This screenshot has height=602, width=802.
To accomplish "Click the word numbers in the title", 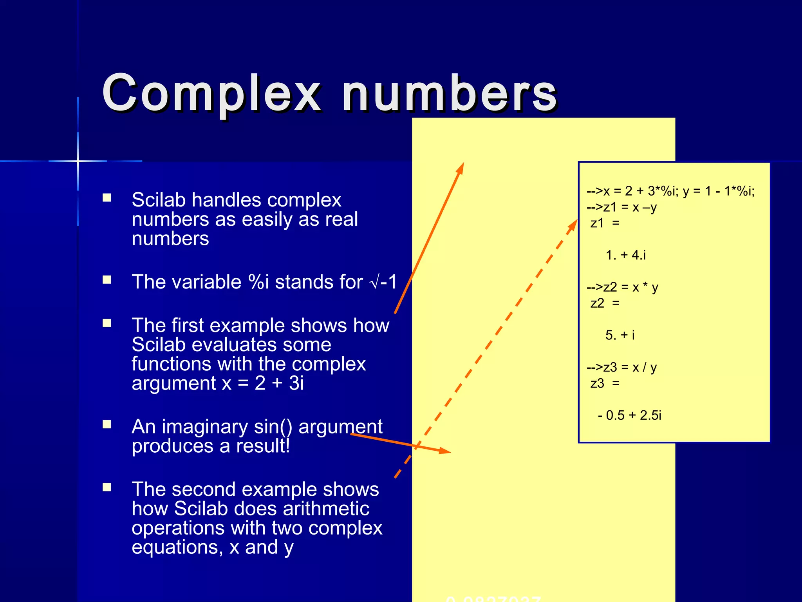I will (x=450, y=94).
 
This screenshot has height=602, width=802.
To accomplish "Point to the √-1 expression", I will (x=383, y=282).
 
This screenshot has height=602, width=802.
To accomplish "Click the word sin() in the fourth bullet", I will (x=273, y=426).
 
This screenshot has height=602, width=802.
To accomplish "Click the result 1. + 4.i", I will (x=625, y=255).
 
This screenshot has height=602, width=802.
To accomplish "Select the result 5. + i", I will (x=620, y=335).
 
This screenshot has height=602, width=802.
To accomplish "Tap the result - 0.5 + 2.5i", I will (x=629, y=415).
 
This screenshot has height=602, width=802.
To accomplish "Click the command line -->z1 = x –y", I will (x=621, y=207).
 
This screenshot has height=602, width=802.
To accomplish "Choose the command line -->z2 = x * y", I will (x=622, y=287).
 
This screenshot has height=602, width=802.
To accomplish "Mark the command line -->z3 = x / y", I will (x=621, y=367).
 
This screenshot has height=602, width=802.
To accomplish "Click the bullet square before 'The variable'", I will (x=107, y=280).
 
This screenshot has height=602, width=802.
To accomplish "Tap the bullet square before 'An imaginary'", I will (x=107, y=424).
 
